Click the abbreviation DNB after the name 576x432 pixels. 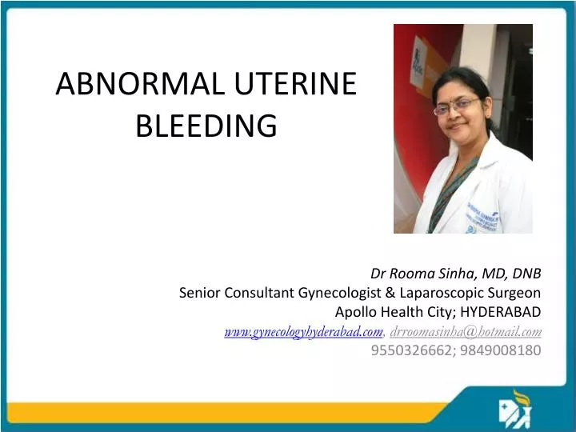526,274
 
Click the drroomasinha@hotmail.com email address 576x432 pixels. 466,331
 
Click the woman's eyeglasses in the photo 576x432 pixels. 458,105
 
